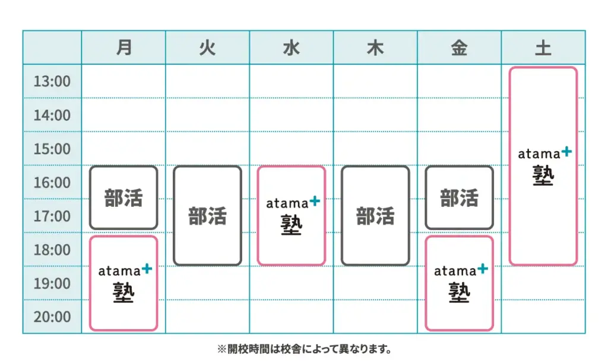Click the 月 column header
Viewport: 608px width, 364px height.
[x=123, y=47]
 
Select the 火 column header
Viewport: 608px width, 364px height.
[x=207, y=48]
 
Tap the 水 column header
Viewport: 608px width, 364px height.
[x=291, y=48]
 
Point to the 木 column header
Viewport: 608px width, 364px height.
[x=375, y=48]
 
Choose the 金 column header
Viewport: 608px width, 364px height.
[x=459, y=48]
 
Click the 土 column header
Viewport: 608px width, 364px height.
[x=543, y=48]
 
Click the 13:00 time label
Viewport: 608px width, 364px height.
[x=52, y=81]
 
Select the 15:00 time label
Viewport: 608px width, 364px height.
[x=52, y=149]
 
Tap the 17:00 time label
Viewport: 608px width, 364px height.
[x=52, y=216]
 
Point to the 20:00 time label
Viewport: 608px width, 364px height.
[x=52, y=317]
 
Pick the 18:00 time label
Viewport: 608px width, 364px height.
[x=52, y=250]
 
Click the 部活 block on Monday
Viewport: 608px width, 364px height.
[x=123, y=198]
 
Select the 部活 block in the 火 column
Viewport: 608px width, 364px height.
[x=207, y=216]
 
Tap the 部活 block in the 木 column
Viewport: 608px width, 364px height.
[x=375, y=216]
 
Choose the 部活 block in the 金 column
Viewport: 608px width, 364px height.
[x=459, y=198]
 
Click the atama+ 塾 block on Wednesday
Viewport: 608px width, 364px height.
[x=291, y=216]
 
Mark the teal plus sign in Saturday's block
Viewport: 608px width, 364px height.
[x=566, y=151]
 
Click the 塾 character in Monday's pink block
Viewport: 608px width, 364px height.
[x=123, y=292]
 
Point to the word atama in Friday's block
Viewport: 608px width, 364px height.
[x=455, y=272]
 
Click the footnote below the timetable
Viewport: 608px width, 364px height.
[x=305, y=349]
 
